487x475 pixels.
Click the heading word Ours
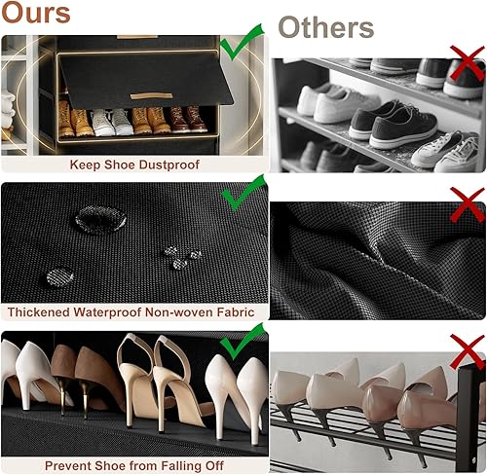[36, 13]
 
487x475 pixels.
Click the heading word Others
[327, 26]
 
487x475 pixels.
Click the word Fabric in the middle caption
[233, 312]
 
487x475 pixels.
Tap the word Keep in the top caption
[85, 164]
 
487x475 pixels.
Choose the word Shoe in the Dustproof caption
[120, 164]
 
